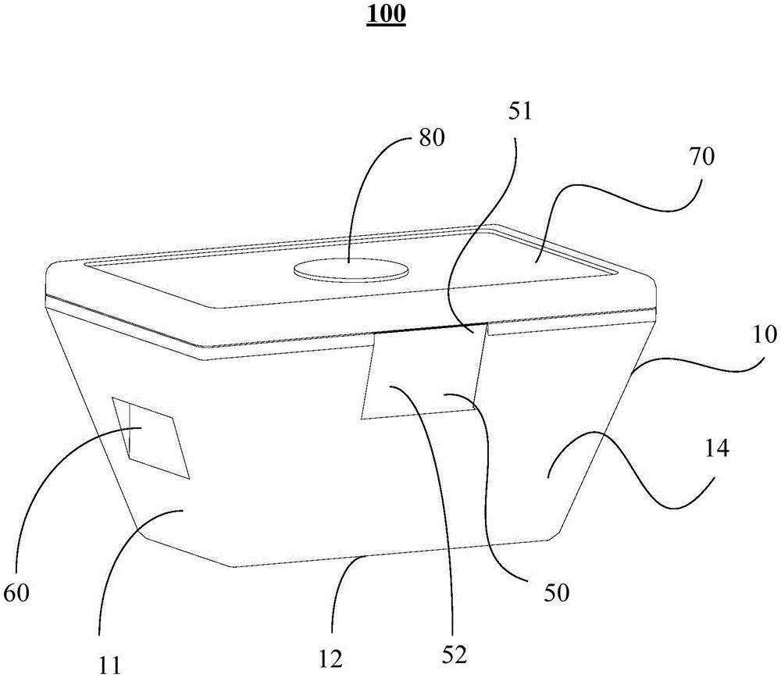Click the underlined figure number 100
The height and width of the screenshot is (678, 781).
pos(386,14)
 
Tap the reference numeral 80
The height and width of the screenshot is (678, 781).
pos(431,138)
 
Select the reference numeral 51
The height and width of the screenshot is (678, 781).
pos(520,112)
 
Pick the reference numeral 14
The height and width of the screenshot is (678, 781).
pos(717,449)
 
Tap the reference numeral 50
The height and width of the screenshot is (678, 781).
pos(556,594)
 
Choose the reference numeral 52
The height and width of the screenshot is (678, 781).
pos(455,655)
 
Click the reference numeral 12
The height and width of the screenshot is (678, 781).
pos(330,660)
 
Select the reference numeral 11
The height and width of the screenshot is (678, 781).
pos(108,665)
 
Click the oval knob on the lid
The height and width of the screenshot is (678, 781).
pos(351,269)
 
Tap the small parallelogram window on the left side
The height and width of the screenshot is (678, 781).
pos(151,437)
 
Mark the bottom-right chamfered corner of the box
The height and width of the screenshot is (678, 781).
pos(555,535)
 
